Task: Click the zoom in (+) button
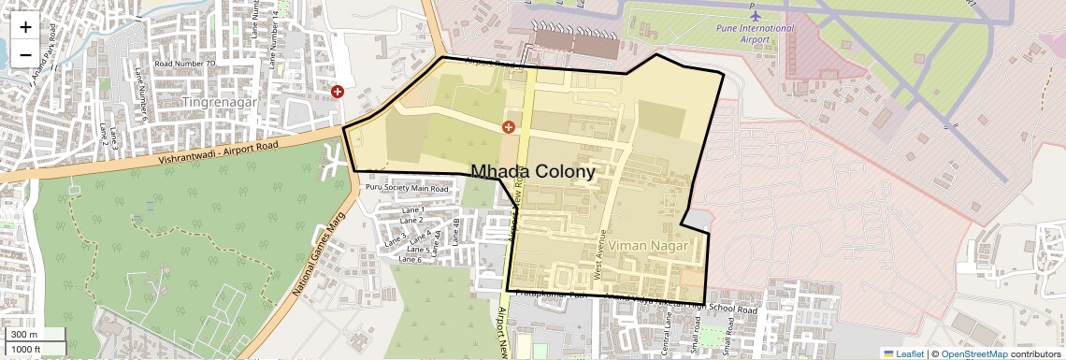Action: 25,26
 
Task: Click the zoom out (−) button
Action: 25,55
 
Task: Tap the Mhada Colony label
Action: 533,172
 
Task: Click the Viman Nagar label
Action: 648,245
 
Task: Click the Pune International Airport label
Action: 756,34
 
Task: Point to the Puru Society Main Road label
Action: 407,188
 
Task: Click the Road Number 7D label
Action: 185,64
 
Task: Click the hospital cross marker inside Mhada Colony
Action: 510,126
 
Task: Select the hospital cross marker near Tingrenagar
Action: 338,92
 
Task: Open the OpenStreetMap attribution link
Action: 973,353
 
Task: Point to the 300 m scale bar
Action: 34,335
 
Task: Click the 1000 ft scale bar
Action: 34,349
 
